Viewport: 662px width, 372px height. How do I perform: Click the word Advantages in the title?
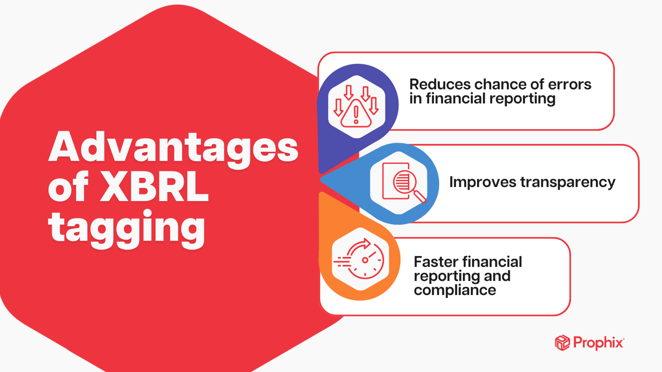173,147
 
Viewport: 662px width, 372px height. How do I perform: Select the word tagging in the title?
127,229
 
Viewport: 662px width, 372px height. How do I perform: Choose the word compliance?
455,290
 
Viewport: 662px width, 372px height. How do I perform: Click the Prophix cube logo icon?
562,343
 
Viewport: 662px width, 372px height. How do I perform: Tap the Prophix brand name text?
599,343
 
